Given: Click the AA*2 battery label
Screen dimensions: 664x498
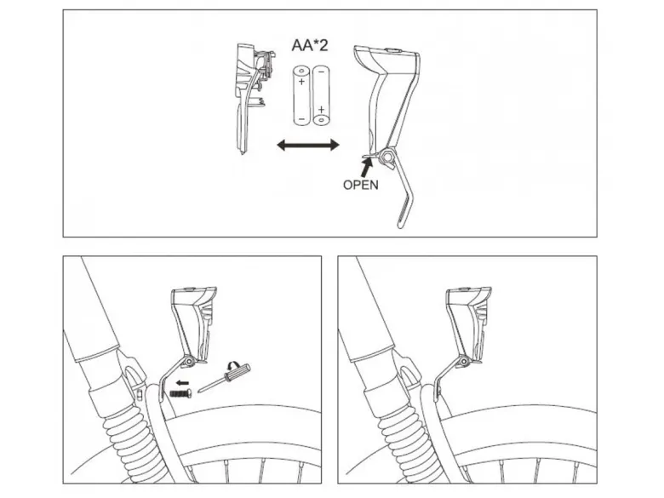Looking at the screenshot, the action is (310, 45).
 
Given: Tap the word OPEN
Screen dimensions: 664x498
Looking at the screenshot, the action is (360, 185).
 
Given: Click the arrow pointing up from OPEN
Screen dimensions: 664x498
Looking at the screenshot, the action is (367, 168).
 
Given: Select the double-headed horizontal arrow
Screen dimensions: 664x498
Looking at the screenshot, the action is (308, 146).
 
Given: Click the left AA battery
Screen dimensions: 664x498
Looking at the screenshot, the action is (301, 94).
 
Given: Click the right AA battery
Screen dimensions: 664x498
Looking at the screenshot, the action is (321, 94).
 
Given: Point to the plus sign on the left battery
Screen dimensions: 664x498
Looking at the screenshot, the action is (301, 82).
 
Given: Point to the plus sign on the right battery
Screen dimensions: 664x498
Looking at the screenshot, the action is (322, 110).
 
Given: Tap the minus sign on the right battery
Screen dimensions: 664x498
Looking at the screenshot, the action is (321, 72).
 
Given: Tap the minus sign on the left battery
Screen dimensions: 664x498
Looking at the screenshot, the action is (301, 118).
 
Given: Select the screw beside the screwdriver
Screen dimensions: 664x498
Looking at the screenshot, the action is (181, 393).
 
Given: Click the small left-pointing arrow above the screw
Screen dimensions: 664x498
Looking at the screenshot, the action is (182, 383).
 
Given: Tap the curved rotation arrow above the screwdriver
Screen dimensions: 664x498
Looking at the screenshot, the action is (233, 364).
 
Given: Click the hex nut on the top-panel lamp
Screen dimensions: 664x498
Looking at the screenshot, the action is (386, 157).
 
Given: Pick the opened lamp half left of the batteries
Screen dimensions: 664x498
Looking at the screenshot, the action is (253, 97).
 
